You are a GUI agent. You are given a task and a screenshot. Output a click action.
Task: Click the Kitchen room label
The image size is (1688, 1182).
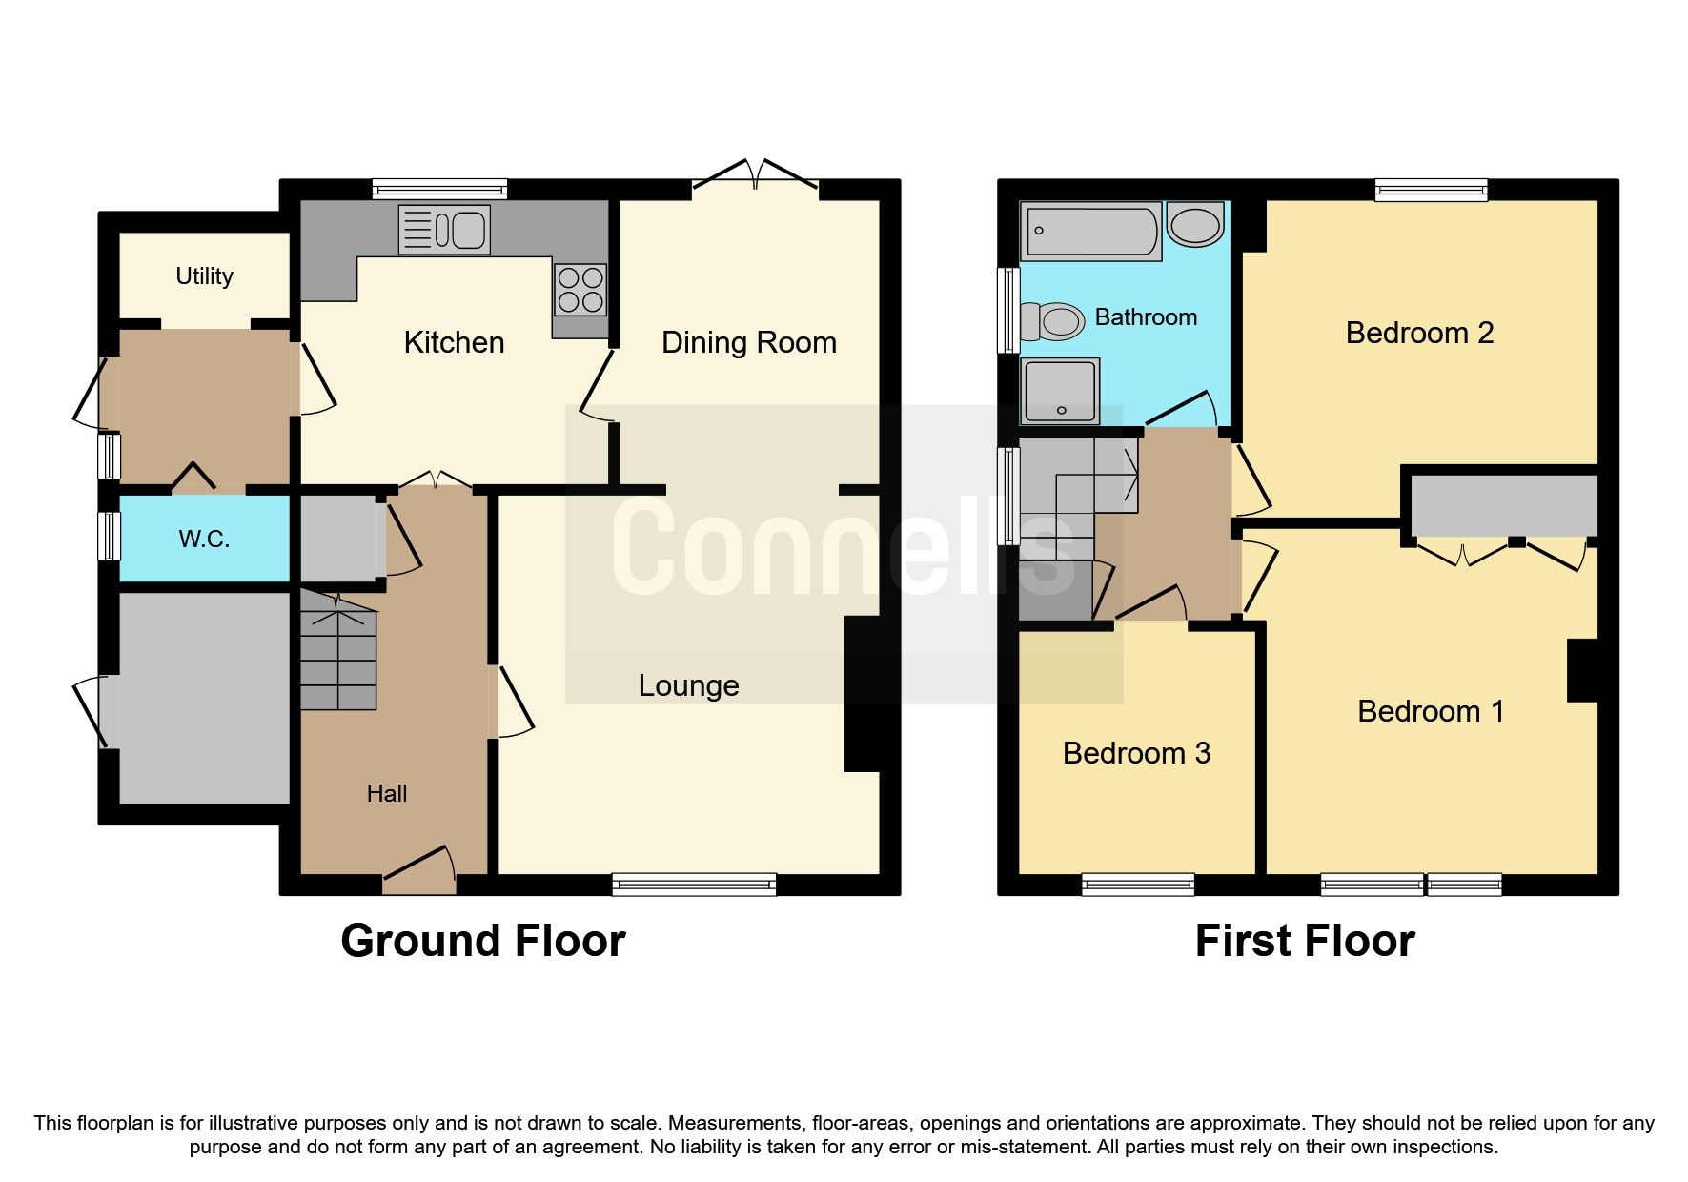(454, 342)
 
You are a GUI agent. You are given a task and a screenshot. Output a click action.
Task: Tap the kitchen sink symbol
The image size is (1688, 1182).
(444, 230)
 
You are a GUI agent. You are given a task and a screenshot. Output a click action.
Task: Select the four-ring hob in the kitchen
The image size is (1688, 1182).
(580, 289)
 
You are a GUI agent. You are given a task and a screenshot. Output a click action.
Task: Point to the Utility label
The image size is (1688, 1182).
(204, 276)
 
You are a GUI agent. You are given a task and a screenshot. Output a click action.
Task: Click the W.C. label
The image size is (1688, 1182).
(204, 540)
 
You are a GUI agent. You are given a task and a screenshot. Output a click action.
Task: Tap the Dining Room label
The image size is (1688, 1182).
(748, 342)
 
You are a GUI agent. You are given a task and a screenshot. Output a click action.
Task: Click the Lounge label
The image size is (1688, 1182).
(688, 685)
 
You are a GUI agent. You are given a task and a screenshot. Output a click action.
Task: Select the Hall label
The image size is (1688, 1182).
(387, 793)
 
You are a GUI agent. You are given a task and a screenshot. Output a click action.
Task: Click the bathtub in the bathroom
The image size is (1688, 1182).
(1090, 231)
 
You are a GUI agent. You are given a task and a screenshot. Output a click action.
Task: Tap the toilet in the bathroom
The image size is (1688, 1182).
(1053, 321)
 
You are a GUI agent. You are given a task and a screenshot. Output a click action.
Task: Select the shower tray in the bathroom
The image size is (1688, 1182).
(1060, 391)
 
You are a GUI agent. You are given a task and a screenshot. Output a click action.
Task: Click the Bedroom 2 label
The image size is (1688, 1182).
(1418, 333)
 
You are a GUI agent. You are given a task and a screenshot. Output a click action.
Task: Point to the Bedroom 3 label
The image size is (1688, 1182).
(1136, 753)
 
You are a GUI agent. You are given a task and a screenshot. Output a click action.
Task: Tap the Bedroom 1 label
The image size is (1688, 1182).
(1430, 711)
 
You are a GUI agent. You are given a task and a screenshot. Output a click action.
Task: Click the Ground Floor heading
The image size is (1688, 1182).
(482, 941)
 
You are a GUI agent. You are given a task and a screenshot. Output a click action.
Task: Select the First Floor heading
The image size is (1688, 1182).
(1304, 941)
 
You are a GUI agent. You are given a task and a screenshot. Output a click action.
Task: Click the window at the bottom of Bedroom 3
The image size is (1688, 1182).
(1137, 885)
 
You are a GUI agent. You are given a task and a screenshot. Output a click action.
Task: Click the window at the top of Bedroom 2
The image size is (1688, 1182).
(1430, 190)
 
